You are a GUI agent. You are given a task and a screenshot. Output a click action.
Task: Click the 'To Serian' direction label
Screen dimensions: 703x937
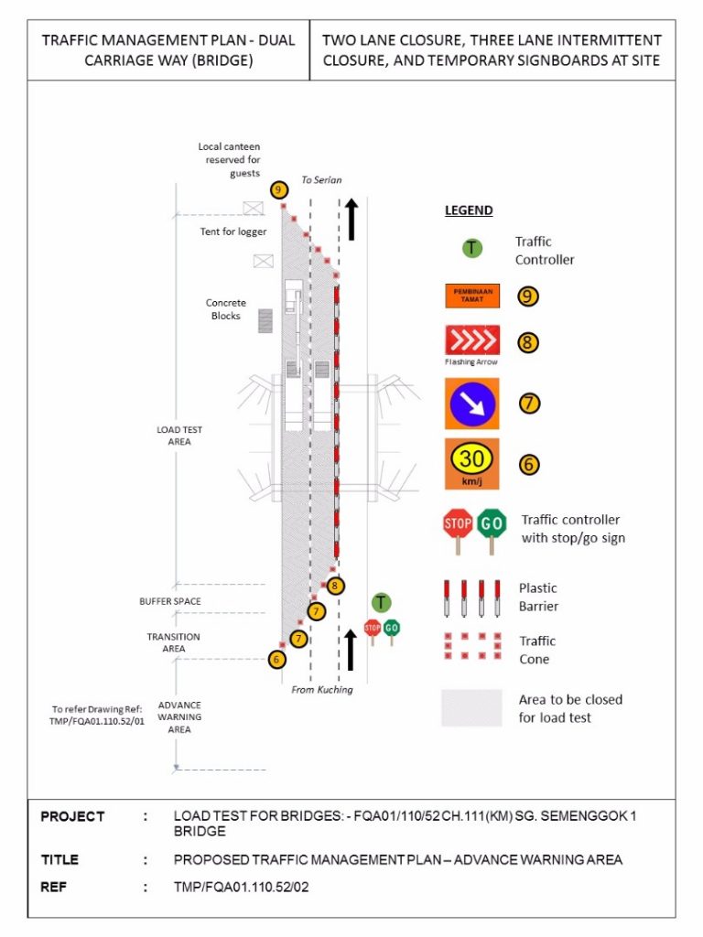(x=321, y=180)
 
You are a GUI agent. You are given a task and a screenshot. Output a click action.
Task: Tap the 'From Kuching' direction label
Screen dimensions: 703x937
(x=322, y=690)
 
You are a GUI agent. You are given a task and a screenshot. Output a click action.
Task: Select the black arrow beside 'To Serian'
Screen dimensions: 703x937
(x=351, y=220)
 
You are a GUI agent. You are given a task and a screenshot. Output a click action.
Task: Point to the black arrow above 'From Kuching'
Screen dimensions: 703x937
(x=351, y=650)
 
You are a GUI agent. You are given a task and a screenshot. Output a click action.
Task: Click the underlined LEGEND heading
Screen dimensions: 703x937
(x=469, y=210)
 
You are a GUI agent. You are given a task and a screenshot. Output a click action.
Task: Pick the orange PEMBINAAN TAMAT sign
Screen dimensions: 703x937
(x=472, y=296)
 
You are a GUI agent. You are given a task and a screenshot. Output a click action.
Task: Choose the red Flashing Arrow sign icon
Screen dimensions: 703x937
(x=472, y=340)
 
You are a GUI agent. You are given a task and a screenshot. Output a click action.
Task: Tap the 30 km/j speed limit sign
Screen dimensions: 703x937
(x=471, y=464)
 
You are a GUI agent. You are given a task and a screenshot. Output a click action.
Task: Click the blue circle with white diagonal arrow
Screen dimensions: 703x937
(x=471, y=404)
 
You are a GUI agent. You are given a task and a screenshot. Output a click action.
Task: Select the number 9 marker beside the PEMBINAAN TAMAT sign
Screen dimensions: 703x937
(x=527, y=296)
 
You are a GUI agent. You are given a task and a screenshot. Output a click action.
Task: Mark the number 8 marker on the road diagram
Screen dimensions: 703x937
(x=335, y=586)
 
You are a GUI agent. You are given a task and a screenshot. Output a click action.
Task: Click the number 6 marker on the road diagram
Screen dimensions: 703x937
(x=276, y=660)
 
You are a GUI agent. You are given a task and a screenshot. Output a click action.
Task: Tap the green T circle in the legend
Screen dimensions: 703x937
(x=472, y=248)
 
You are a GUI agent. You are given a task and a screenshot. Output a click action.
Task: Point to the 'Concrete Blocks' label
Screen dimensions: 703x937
(x=225, y=309)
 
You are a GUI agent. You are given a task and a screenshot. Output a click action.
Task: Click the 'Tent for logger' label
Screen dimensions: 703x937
(x=233, y=232)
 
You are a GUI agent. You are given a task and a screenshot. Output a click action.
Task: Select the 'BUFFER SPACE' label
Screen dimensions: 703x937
(x=170, y=601)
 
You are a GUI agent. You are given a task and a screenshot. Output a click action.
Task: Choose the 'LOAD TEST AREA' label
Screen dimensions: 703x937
(x=179, y=436)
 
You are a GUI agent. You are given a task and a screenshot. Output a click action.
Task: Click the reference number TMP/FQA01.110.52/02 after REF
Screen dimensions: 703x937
(x=242, y=887)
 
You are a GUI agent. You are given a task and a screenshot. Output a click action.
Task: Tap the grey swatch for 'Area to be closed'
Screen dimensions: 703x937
(x=471, y=708)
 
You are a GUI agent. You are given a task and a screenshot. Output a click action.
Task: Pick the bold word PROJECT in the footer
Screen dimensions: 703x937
(x=72, y=816)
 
